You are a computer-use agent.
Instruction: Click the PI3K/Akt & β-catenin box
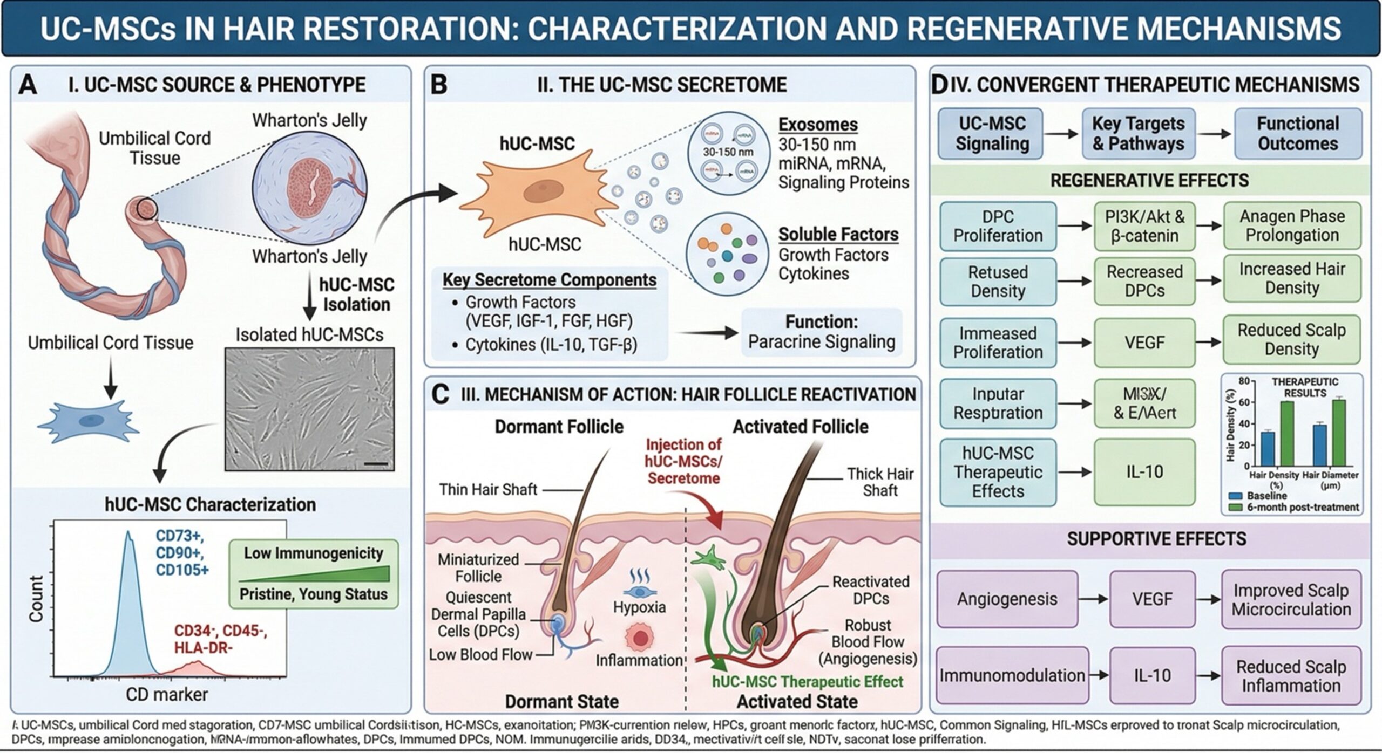pos(1144,226)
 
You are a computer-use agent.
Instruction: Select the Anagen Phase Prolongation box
pos(1291,225)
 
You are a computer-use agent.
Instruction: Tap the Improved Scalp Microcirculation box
pos(1291,599)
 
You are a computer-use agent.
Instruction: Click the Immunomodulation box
pos(1012,675)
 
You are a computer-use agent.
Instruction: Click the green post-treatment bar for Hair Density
pos(1287,433)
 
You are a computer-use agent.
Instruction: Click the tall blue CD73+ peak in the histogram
pos(128,593)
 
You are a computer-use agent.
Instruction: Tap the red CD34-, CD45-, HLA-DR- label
pos(220,639)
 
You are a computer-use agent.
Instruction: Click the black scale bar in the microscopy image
pos(380,463)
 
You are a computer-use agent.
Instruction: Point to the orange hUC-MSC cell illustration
pos(537,192)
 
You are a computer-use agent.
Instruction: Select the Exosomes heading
pos(817,125)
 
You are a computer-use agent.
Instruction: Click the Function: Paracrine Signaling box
pos(821,332)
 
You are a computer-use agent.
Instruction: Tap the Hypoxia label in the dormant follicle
pos(639,607)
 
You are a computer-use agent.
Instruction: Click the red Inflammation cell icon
pos(640,638)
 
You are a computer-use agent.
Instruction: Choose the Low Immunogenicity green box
pos(313,573)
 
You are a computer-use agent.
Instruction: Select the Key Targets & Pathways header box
pos(1138,134)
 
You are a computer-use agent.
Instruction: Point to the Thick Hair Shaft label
pos(879,482)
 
